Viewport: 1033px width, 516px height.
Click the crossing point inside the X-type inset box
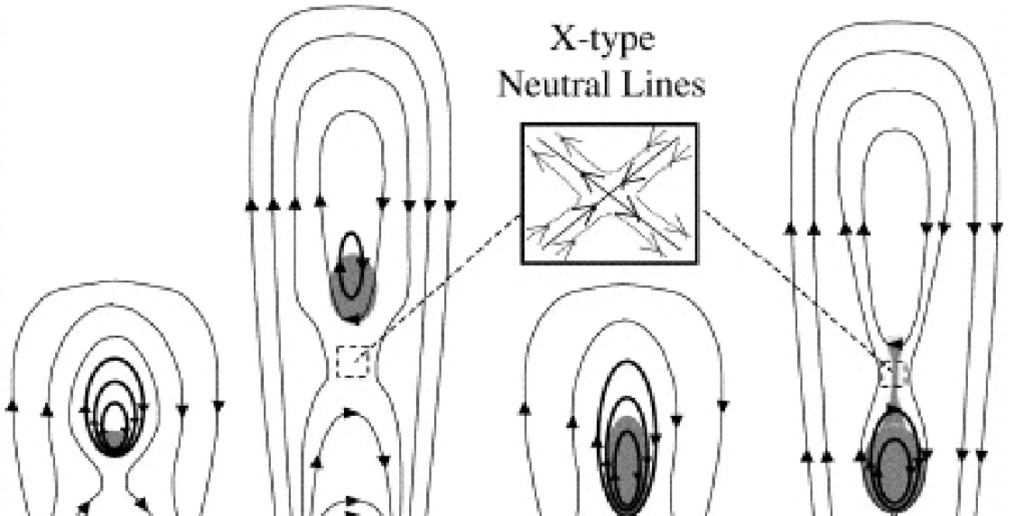click(x=610, y=192)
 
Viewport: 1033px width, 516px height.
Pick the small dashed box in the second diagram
click(x=352, y=363)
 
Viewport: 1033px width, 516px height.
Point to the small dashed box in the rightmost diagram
click(x=893, y=372)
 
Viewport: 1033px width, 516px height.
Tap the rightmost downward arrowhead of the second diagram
click(x=444, y=206)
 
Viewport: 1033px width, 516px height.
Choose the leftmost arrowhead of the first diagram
click(x=12, y=408)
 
